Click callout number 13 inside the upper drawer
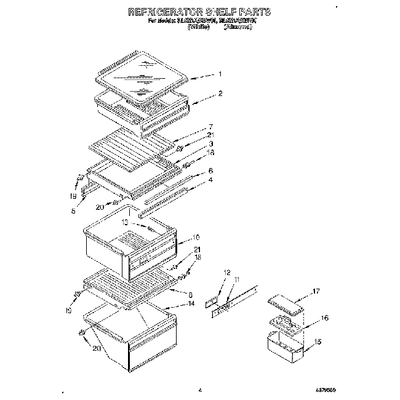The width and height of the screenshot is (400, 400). click(124, 222)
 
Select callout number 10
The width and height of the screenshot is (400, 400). click(196, 237)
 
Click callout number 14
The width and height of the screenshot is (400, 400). click(191, 303)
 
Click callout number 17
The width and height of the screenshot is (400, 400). click(317, 292)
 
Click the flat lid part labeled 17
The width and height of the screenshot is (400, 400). click(286, 305)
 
